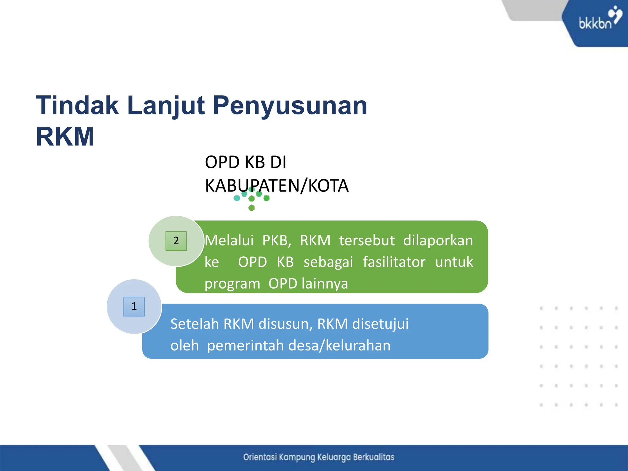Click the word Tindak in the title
tap(77, 105)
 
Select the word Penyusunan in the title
tap(290, 105)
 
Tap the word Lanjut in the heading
tap(166, 105)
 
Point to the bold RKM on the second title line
tap(65, 137)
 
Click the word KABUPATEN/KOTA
tap(277, 186)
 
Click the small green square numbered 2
tap(176, 241)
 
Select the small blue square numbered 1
tap(134, 306)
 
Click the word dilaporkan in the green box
tap(438, 240)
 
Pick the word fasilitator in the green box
tap(394, 262)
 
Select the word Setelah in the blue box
tap(195, 324)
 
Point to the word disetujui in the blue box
tap(380, 324)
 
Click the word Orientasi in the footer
tap(260, 457)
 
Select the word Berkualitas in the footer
tap(373, 457)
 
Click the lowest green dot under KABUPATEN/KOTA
tap(251, 208)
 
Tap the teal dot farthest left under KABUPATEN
tap(237, 198)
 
